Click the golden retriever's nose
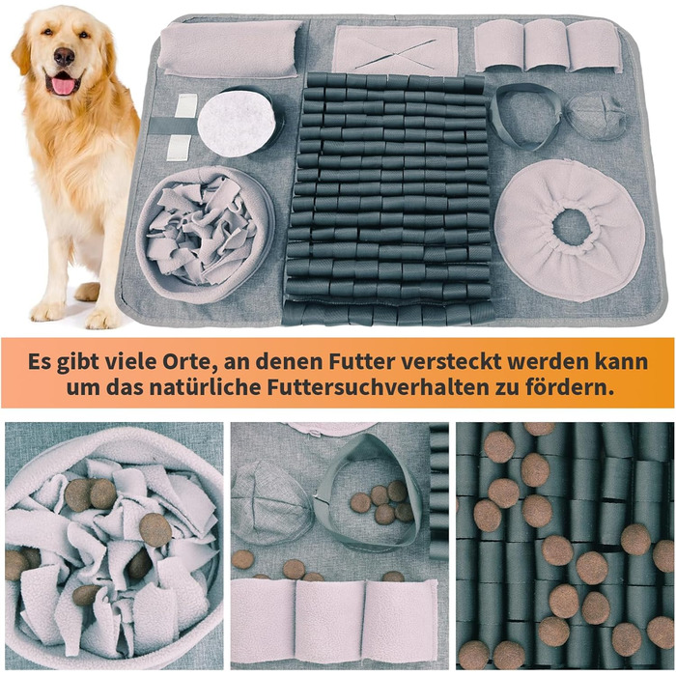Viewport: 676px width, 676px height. point(65,56)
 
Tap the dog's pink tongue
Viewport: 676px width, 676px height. point(64,85)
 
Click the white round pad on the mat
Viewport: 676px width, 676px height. point(237,123)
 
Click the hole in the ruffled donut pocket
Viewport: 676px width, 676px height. point(573,227)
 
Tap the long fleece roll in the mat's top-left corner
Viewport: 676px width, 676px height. point(231,48)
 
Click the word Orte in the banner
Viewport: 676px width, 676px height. point(188,361)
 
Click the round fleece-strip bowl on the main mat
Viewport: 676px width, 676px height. point(205,235)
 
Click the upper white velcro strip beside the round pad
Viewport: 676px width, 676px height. point(186,106)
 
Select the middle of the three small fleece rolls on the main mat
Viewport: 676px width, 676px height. point(546,44)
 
